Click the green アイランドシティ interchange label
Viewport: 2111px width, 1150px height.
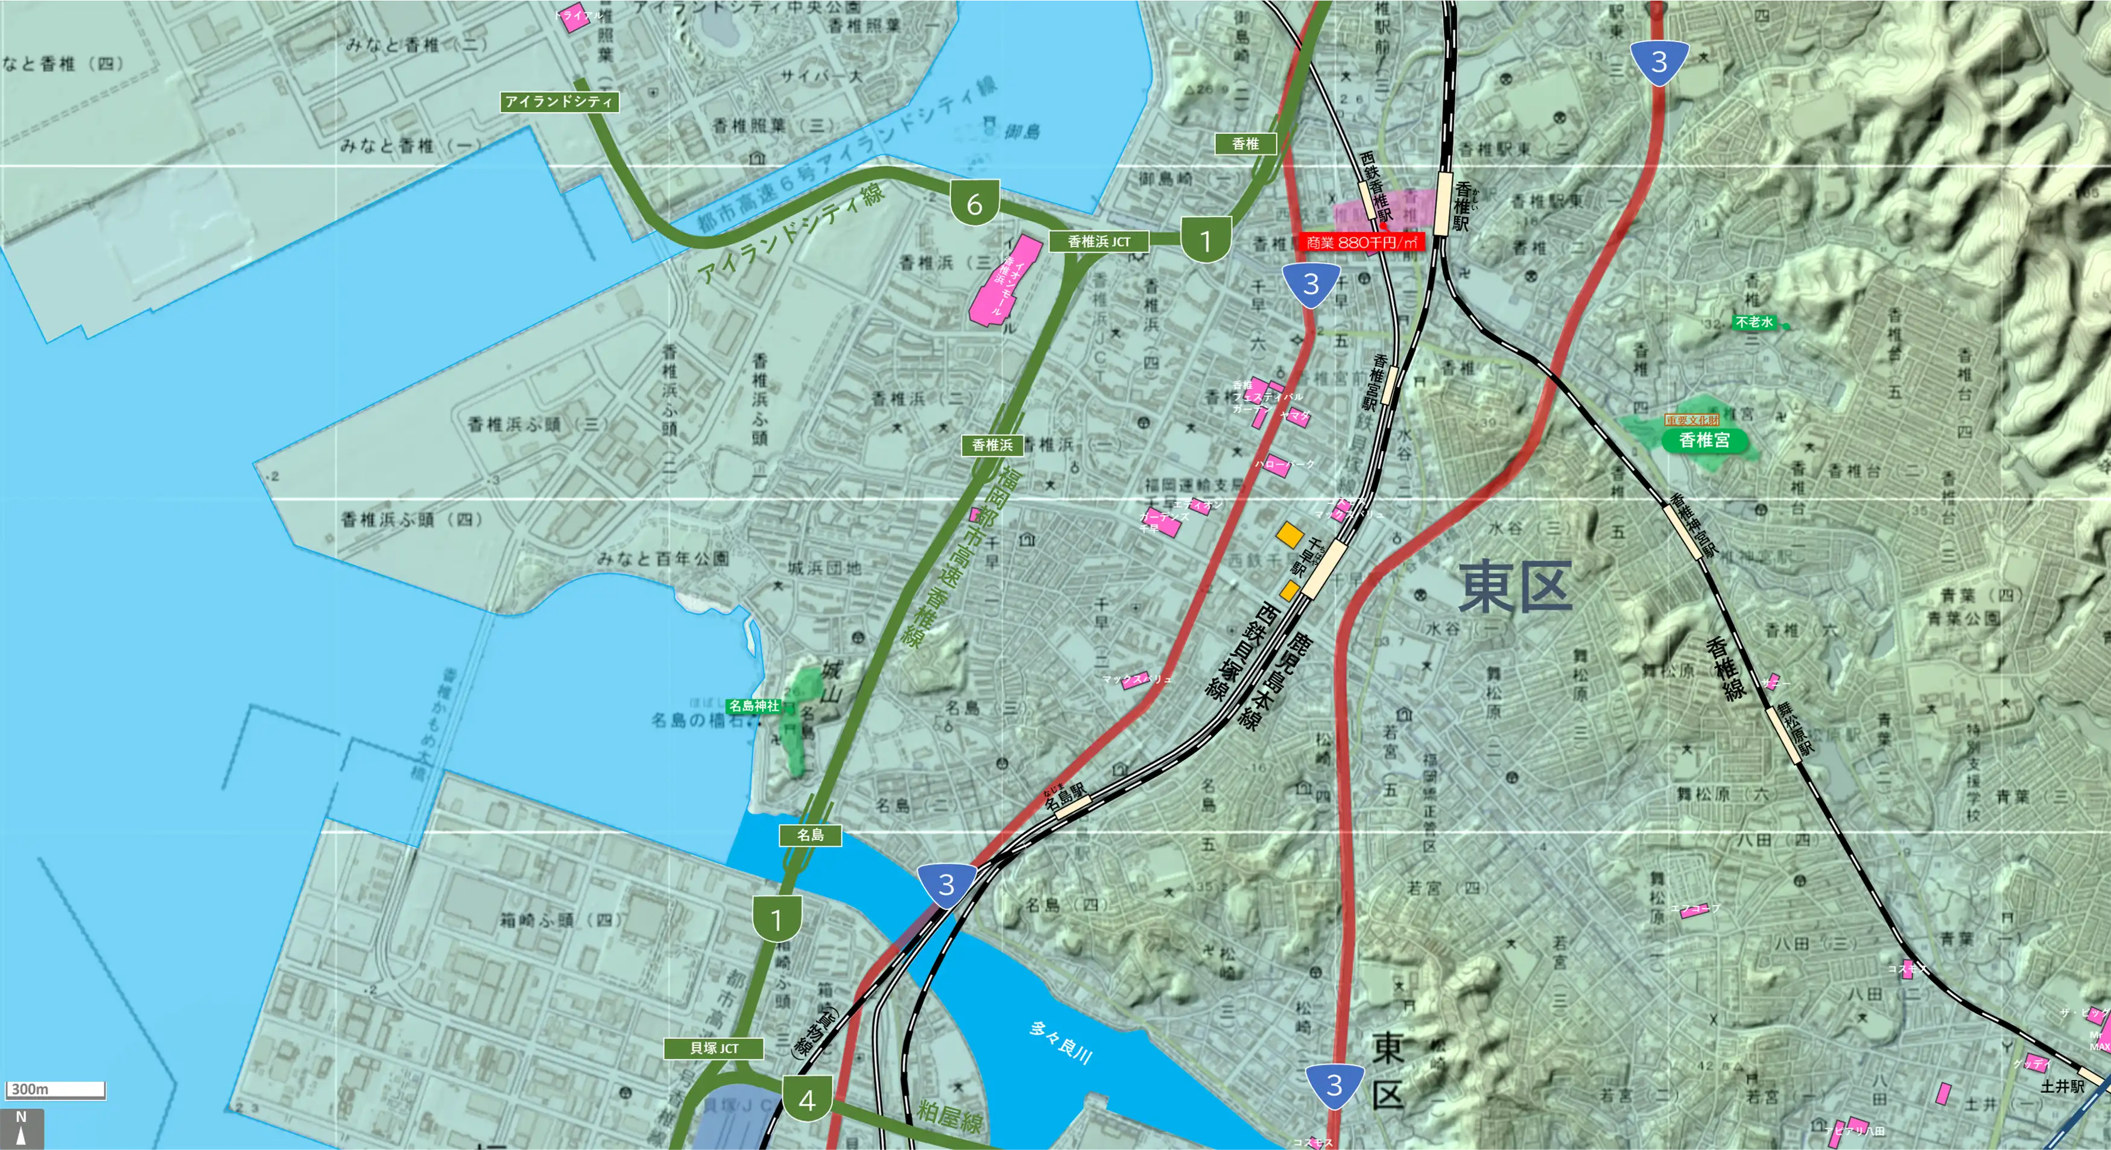click(x=559, y=101)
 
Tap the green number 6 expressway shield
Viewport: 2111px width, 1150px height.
click(x=973, y=202)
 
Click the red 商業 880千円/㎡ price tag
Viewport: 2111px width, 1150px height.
click(x=1361, y=242)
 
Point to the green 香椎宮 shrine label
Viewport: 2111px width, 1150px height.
click(x=1704, y=440)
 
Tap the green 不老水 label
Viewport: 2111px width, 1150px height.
click(x=1755, y=322)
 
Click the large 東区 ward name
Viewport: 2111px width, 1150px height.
click(x=1515, y=587)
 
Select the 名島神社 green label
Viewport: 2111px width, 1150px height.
click(x=754, y=705)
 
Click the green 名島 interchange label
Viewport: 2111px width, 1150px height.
click(x=809, y=835)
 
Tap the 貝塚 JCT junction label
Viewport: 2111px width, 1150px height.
click(x=714, y=1047)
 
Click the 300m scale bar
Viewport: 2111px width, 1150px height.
click(x=55, y=1089)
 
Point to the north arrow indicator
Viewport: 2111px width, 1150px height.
click(x=21, y=1129)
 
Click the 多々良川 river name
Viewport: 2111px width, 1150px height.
click(x=1062, y=1042)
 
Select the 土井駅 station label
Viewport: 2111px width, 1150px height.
click(x=2062, y=1086)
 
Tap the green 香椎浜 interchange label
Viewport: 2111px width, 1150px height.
click(x=992, y=445)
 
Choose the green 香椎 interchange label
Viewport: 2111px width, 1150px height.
click(x=1245, y=144)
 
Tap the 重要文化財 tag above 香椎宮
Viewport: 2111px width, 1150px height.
click(x=1691, y=420)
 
